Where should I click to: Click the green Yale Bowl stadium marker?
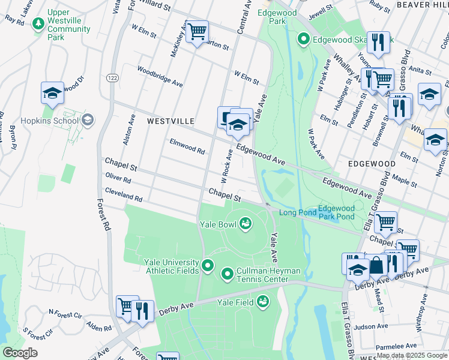click(245, 224)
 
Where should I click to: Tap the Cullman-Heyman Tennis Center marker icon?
click(228, 275)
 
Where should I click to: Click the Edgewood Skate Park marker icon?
click(304, 40)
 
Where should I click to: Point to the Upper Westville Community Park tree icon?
click(38, 24)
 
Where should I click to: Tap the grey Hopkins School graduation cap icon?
click(88, 121)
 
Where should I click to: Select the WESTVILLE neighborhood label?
click(170, 121)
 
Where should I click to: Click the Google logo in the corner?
click(20, 353)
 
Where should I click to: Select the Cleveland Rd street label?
click(123, 194)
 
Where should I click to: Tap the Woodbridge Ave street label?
click(160, 76)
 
